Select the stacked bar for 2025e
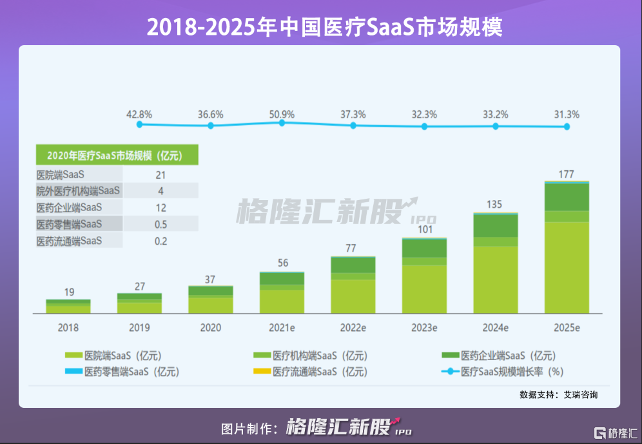coord(567,248)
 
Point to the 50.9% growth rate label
coord(282,114)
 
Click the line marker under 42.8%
coord(139,125)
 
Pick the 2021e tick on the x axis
coord(282,328)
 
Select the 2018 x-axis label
coord(68,328)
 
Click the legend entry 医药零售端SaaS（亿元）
coord(122,372)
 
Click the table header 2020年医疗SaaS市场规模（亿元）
coord(116,155)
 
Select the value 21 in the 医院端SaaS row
coord(160,174)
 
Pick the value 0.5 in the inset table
coord(160,225)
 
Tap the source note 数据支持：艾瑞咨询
coord(558,394)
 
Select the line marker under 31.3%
coord(567,126)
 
